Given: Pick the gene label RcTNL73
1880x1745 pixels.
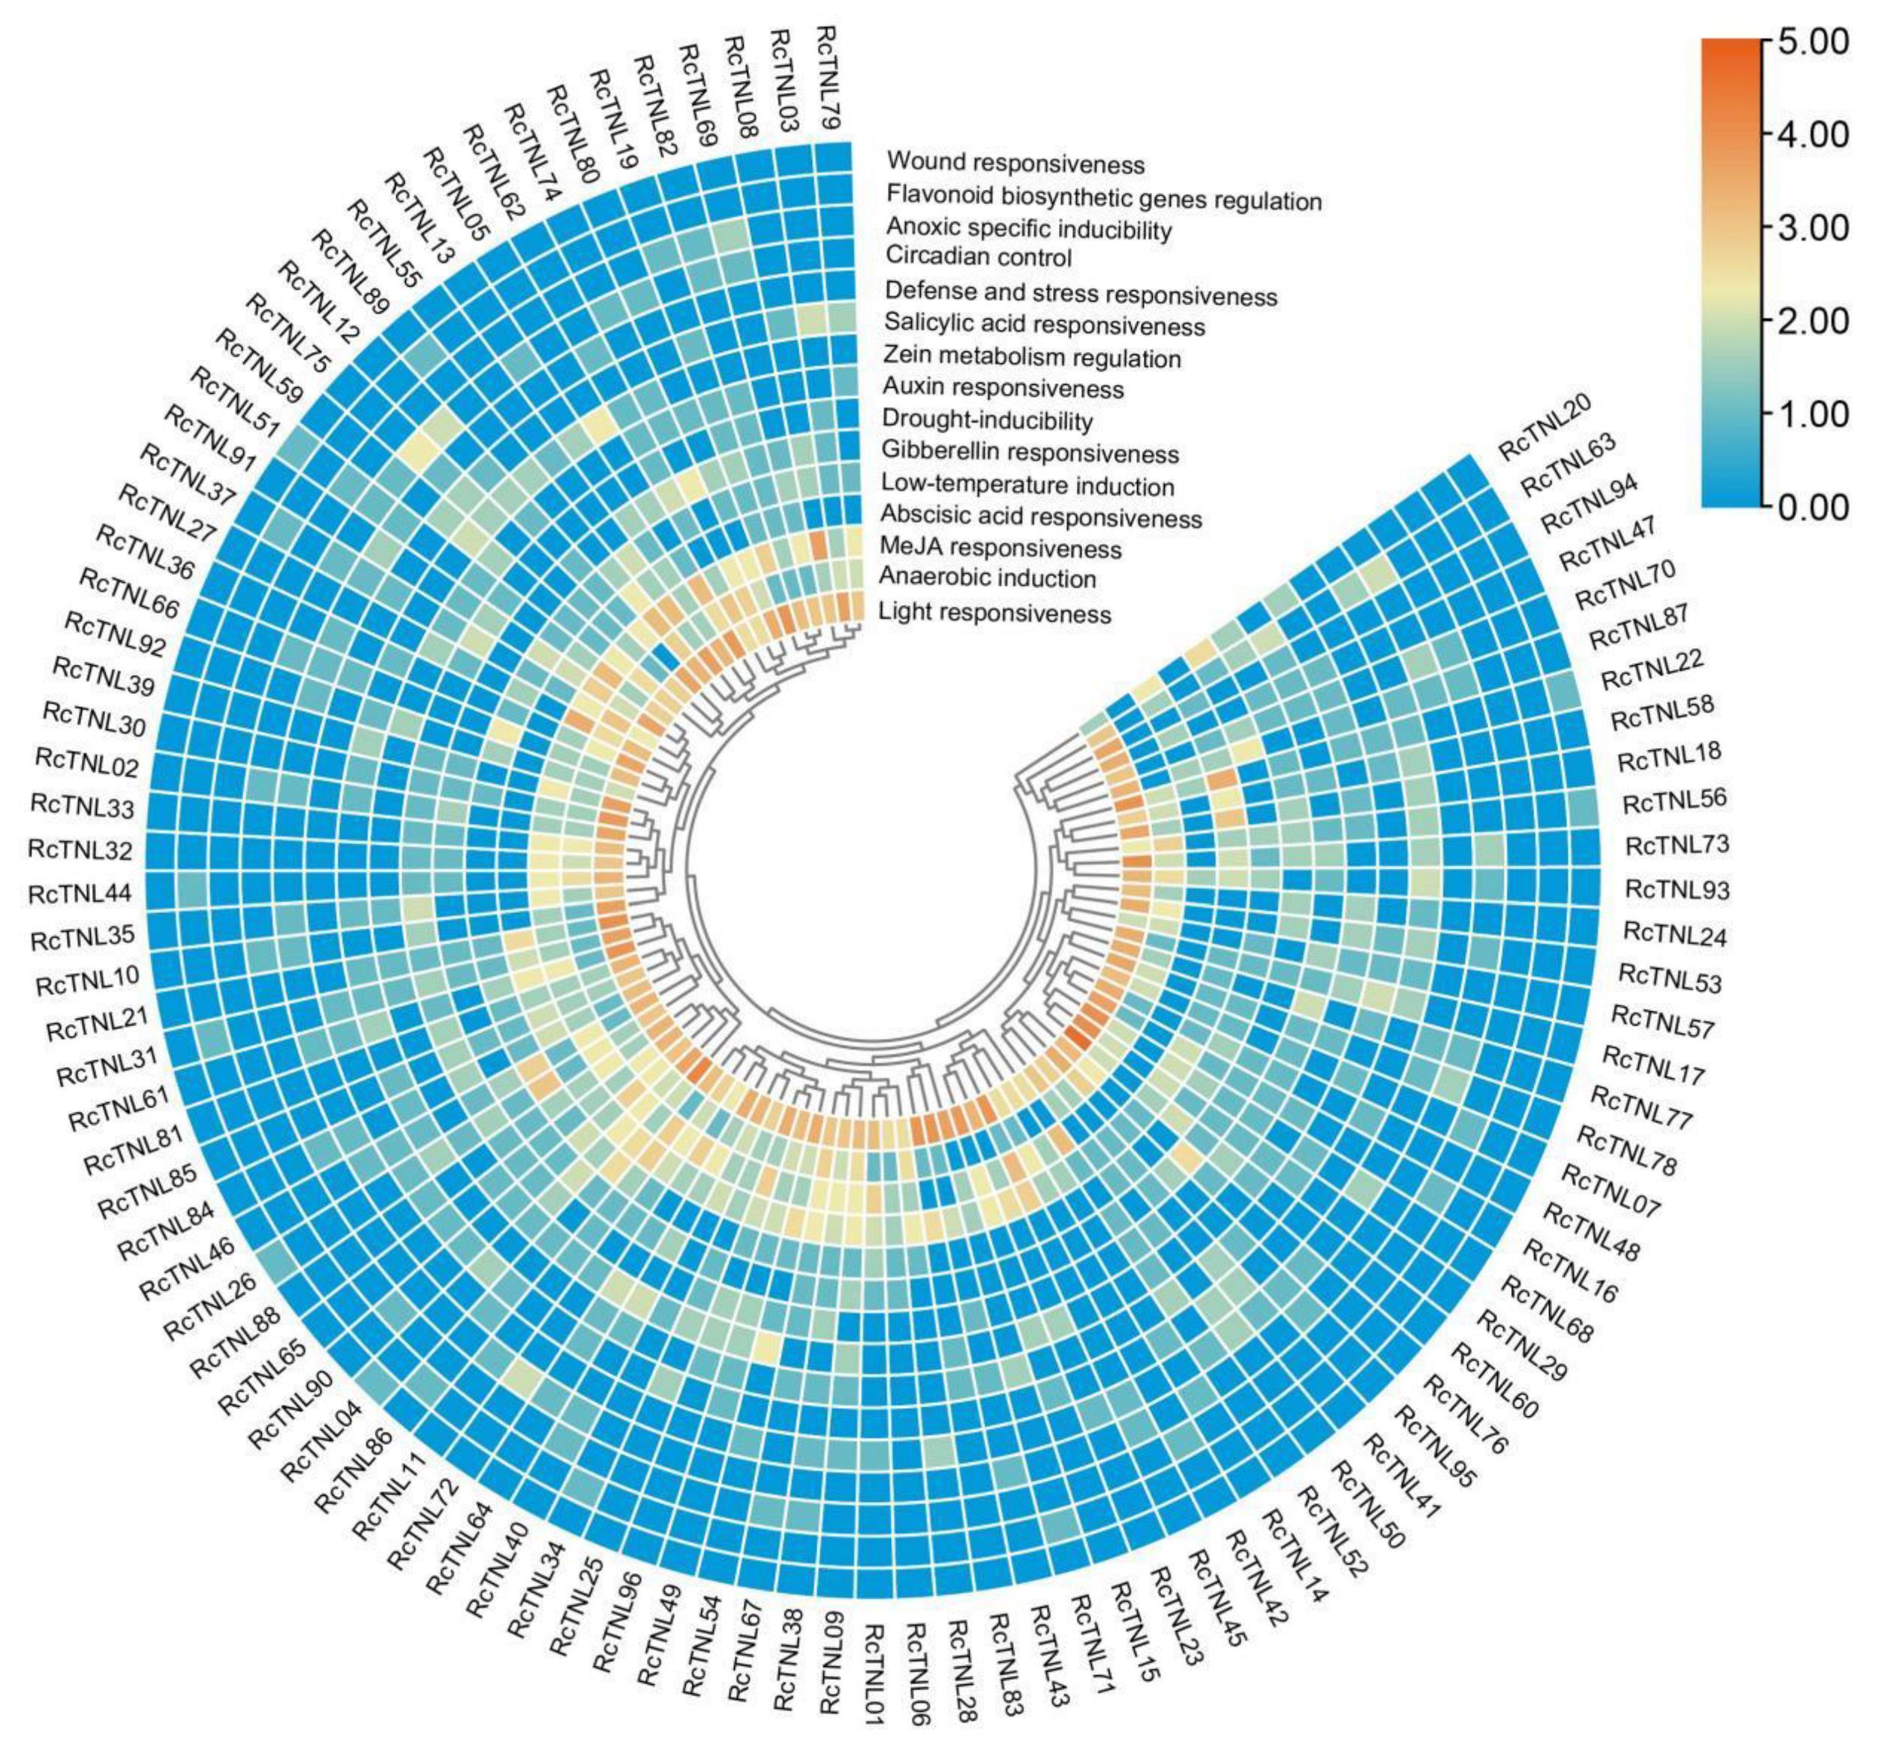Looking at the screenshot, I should pos(1676,843).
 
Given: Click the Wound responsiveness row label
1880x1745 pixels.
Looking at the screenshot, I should pos(1015,164).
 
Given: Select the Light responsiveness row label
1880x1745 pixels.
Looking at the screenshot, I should pos(995,613).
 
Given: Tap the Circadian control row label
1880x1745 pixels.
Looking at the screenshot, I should pos(979,257).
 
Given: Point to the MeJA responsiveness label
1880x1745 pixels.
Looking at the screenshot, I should pos(1000,548).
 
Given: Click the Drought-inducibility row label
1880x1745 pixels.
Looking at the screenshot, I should pos(987,420).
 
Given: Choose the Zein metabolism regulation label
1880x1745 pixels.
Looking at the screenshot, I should pos(1032,358).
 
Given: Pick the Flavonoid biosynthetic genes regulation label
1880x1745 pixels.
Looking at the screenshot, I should pos(1103,200).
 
